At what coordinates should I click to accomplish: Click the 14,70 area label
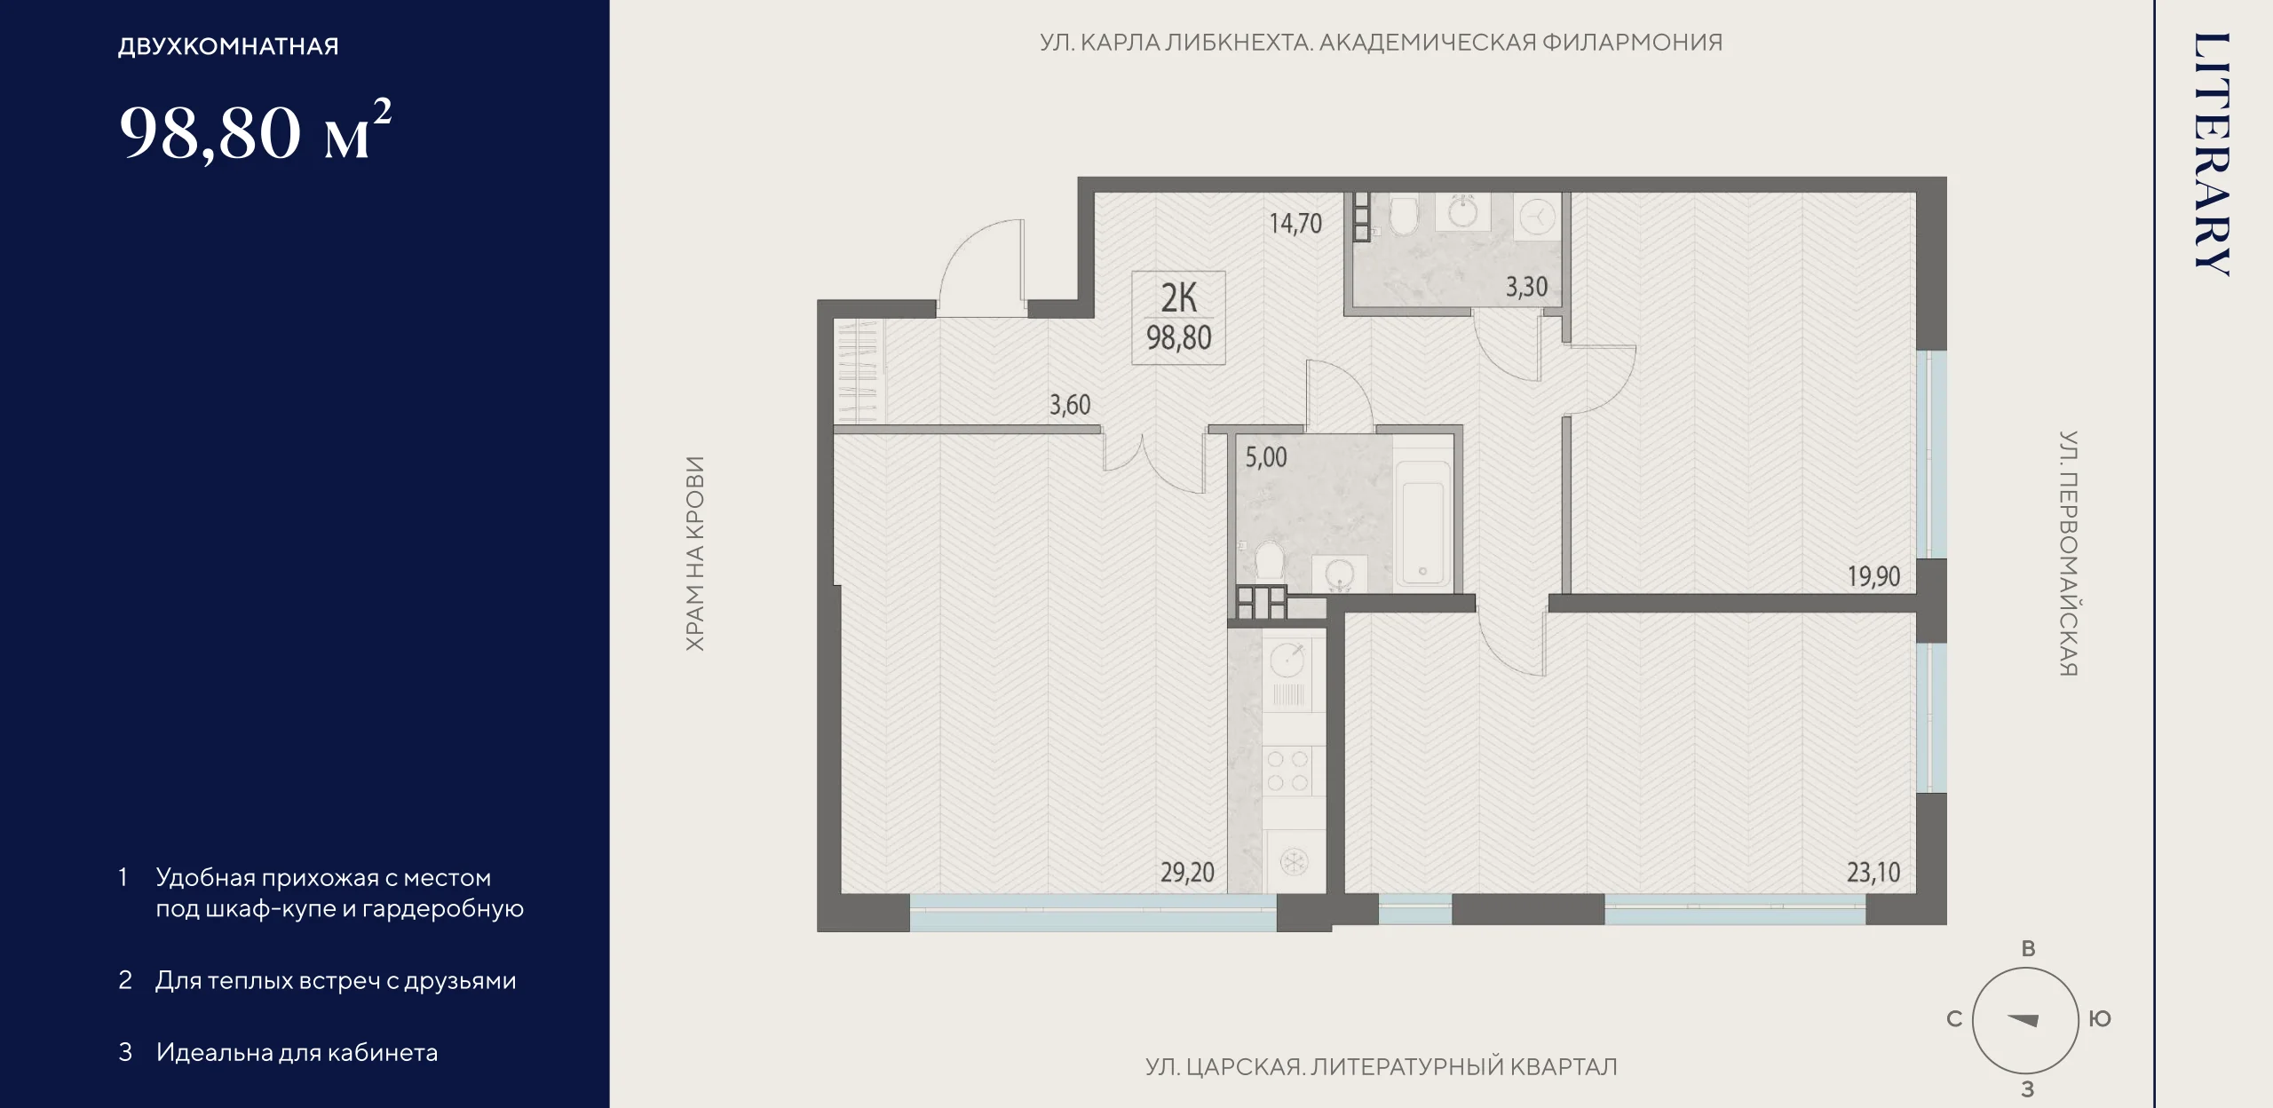1295,224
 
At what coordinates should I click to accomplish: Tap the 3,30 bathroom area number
1526,287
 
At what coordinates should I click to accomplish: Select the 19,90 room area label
1873,577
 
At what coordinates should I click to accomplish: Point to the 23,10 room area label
1873,873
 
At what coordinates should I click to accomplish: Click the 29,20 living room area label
1187,873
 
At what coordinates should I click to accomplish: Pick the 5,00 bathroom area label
1265,457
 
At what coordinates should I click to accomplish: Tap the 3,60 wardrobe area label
1070,405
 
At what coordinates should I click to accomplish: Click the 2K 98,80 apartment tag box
1178,318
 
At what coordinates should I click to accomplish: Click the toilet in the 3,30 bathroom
1404,215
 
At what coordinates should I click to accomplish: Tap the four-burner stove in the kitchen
1288,771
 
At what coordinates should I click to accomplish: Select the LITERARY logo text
2211,154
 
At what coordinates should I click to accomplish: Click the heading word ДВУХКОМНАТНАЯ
228,46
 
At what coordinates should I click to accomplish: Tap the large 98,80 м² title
255,131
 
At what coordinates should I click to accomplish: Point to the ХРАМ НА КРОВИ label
695,554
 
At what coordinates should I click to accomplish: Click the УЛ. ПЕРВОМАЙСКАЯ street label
2068,553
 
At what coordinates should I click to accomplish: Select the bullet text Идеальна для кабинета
297,1053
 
